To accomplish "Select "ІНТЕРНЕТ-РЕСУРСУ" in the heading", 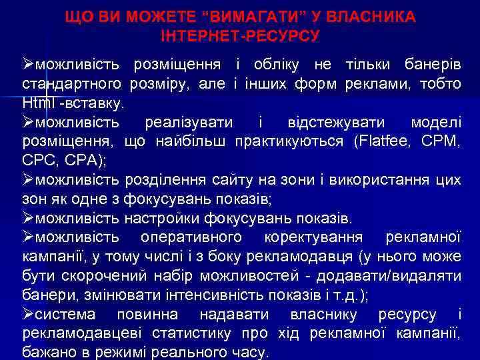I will pyautogui.click(x=240, y=34).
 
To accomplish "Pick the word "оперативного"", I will pyautogui.click(x=192, y=238).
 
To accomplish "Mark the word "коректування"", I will pyautogui.click(x=313, y=238).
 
